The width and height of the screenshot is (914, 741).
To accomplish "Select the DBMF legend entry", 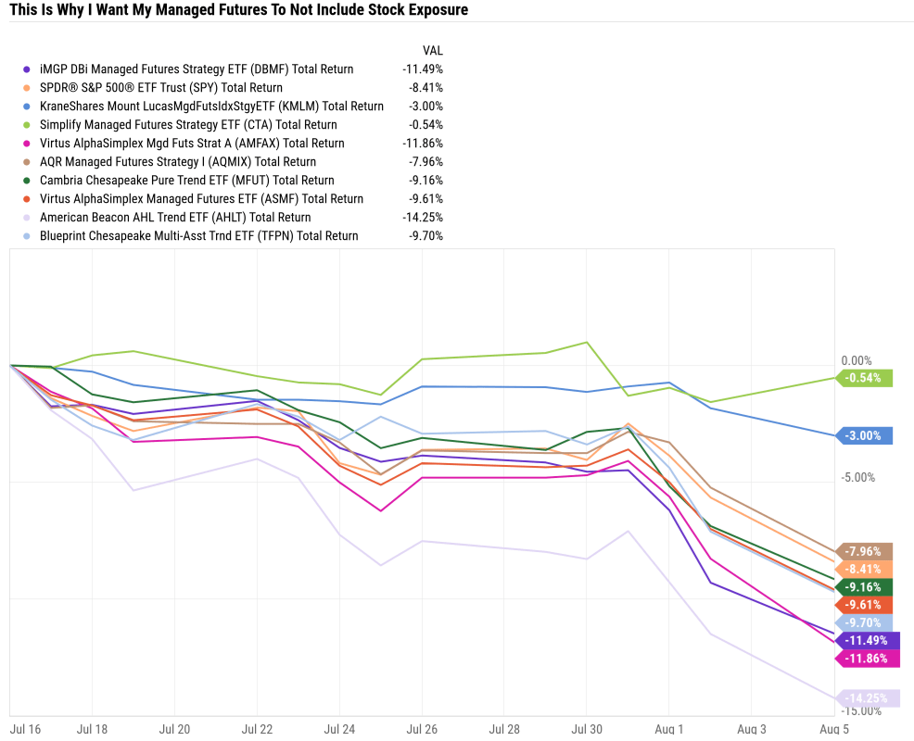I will pyautogui.click(x=197, y=69).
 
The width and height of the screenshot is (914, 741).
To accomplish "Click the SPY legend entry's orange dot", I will pyautogui.click(x=27, y=88).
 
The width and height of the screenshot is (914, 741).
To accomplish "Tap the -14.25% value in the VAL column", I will pyautogui.click(x=423, y=217).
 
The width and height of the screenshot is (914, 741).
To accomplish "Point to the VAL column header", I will pyautogui.click(x=432, y=50).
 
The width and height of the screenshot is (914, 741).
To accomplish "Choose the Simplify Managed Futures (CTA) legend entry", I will pyautogui.click(x=188, y=124).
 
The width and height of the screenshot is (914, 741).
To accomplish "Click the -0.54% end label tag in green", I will pyautogui.click(x=864, y=378).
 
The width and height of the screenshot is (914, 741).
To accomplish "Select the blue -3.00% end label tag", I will pyautogui.click(x=864, y=435).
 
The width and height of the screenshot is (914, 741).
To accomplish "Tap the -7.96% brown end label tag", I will pyautogui.click(x=864, y=551).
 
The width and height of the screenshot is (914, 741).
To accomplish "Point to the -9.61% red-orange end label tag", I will pyautogui.click(x=864, y=605).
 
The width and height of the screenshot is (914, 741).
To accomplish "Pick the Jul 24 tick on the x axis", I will pyautogui.click(x=339, y=729).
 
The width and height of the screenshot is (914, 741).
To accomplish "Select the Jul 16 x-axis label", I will pyautogui.click(x=25, y=729).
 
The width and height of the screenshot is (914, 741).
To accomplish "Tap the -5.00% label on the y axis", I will pyautogui.click(x=857, y=477).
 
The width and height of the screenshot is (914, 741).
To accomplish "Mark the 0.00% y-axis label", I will pyautogui.click(x=857, y=360).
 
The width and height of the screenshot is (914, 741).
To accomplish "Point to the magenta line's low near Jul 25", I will pyautogui.click(x=380, y=510).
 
